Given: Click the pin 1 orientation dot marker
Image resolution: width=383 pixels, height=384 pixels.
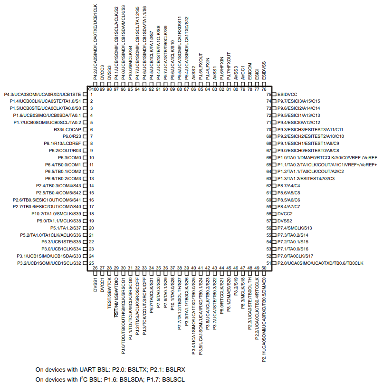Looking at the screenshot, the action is pyautogui.click(x=89, y=89).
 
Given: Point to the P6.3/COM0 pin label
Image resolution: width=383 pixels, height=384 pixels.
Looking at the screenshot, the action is pyautogui.click(x=70, y=157).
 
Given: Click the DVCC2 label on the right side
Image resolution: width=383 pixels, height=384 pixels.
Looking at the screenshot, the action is pyautogui.click(x=285, y=214).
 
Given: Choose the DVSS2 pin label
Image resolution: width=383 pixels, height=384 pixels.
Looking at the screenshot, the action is pyautogui.click(x=285, y=221).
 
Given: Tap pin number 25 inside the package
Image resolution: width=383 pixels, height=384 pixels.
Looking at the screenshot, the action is pyautogui.click(x=91, y=263).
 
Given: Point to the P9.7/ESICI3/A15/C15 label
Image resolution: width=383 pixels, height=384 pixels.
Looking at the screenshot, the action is pyautogui.click(x=299, y=101).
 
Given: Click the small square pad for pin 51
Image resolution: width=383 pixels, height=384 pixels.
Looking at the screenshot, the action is pyautogui.click(x=274, y=263).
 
